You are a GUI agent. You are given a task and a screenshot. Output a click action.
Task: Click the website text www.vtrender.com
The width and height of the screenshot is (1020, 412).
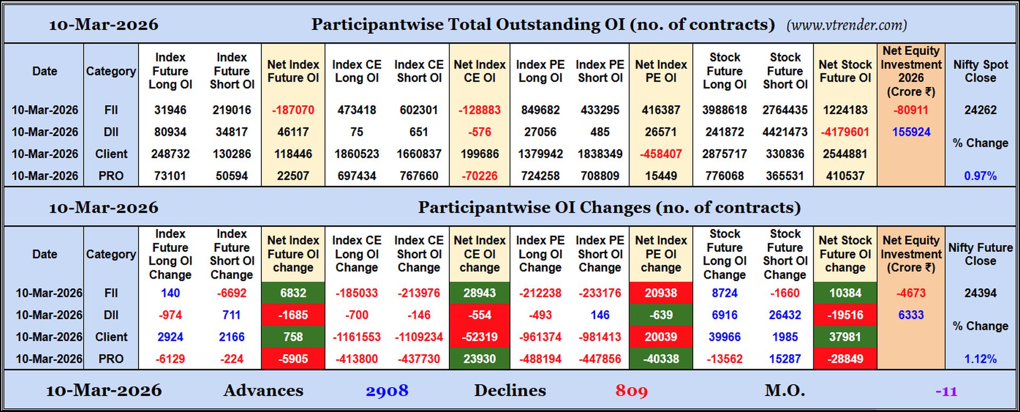[846, 25]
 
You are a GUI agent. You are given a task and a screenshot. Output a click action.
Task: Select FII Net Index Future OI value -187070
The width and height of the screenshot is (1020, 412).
[293, 110]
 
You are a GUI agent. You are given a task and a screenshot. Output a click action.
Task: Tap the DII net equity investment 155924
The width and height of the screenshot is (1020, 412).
[911, 132]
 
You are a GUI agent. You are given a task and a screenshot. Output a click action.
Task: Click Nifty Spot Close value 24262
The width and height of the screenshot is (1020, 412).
[980, 110]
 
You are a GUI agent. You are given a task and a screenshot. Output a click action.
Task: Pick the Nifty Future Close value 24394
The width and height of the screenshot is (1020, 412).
[980, 293]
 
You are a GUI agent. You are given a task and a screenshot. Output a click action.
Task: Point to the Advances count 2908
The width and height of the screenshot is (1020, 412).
[387, 391]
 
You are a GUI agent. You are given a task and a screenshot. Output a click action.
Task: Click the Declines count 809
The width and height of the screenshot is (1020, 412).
[631, 391]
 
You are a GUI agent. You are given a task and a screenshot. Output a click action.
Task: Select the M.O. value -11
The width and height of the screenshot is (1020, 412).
[946, 392]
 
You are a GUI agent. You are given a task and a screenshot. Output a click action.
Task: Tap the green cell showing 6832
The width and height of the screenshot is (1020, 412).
[293, 293]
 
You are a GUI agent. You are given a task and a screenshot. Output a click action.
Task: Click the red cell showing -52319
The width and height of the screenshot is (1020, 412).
[479, 337]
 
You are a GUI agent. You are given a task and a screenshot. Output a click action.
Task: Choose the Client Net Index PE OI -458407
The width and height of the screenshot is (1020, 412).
[660, 154]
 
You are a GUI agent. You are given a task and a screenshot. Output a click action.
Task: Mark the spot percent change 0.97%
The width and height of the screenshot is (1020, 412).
[980, 176]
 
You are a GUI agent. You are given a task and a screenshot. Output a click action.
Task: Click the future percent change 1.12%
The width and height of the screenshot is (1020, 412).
[980, 359]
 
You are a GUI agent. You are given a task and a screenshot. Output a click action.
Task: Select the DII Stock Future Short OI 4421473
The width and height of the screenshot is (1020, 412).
[785, 132]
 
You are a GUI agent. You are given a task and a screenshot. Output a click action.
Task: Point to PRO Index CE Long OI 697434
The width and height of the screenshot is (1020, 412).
[356, 176]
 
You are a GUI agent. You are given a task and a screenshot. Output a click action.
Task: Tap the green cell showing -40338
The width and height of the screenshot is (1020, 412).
[660, 359]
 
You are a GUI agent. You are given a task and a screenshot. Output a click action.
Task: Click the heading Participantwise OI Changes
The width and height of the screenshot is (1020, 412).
[609, 207]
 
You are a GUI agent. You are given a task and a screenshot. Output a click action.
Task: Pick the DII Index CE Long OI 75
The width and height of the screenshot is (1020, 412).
[356, 132]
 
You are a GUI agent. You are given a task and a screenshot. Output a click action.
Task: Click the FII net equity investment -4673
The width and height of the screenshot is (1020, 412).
[911, 293]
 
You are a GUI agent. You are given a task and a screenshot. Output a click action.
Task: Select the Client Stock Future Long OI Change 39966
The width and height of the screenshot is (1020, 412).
[724, 337]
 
